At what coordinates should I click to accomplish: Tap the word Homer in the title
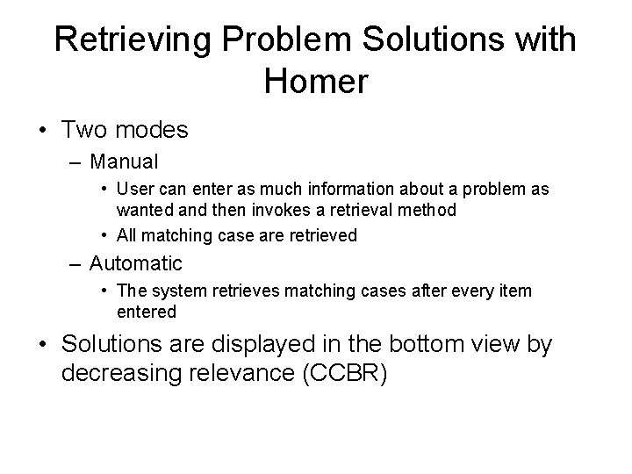coord(315,82)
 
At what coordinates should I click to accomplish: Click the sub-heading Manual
coord(123,162)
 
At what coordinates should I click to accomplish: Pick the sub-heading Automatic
coord(136,262)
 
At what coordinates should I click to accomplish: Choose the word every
coord(473,291)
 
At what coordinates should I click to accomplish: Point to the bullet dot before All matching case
coord(104,235)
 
